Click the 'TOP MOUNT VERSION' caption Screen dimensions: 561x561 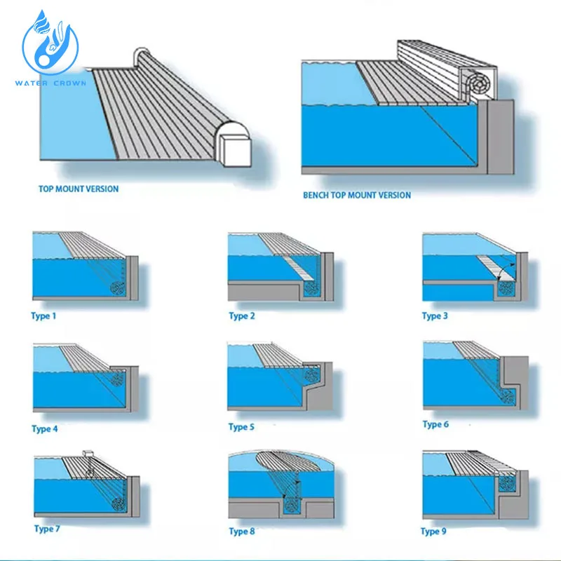(79, 189)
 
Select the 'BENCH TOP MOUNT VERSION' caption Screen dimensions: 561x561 (357, 195)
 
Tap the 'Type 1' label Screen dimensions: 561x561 (43, 316)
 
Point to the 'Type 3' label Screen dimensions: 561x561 (435, 316)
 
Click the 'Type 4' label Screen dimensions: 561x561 (45, 428)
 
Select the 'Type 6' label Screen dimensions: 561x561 (435, 424)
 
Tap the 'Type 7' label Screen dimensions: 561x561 (47, 529)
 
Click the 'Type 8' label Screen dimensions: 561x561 (242, 532)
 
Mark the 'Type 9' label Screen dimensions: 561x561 (434, 531)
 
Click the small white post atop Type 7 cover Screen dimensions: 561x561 (88, 453)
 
